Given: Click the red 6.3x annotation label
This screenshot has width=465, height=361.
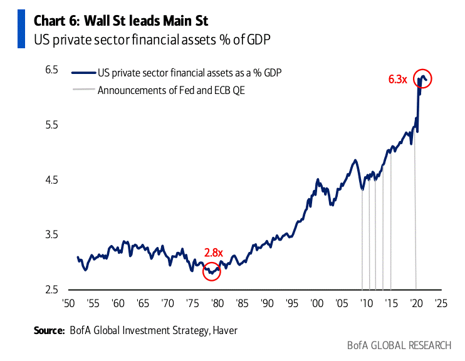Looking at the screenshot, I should (x=398, y=80).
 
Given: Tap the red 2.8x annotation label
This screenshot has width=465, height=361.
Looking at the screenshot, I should (x=214, y=253).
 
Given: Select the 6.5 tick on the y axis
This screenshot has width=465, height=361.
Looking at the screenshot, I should (x=50, y=70).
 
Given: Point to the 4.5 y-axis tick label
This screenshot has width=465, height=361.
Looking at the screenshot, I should (x=50, y=180).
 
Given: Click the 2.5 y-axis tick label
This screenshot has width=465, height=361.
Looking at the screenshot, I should (x=50, y=290).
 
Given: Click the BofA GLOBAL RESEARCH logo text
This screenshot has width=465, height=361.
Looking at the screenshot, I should (x=399, y=345).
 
